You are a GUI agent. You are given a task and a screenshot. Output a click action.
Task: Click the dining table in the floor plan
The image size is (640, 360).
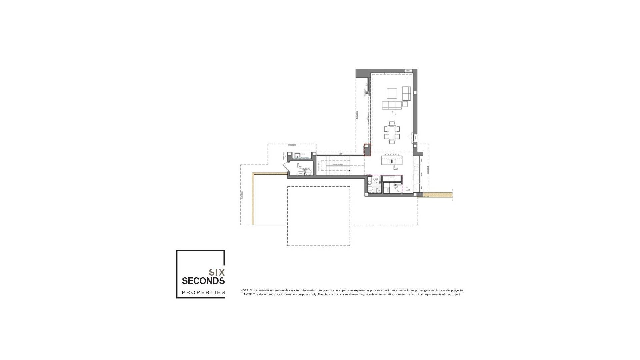pos(392,132)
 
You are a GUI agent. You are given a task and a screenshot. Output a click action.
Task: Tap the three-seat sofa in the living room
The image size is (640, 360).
pos(392,105)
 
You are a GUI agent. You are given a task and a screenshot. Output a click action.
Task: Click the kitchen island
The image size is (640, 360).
pos(392,160)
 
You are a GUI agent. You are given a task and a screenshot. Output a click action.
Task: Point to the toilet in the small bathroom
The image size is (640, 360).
pos(370,189)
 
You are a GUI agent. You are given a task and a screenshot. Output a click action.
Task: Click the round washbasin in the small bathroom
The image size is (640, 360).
pos(377,179)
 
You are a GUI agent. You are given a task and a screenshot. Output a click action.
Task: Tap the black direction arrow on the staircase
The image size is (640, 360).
pos(349,171)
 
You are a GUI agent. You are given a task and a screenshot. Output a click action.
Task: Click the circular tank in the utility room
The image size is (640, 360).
pos(308,172)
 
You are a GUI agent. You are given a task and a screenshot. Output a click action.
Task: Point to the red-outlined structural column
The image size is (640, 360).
pos(367,150)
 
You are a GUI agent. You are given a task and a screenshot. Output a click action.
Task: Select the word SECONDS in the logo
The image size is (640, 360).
pos(203,281)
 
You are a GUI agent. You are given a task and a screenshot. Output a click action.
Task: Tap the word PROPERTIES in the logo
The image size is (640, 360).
pos(203,292)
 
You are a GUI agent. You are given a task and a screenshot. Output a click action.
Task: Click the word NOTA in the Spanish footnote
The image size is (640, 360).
pos(244,290)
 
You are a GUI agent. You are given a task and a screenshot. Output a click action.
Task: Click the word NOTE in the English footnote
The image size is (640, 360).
pos(248,294)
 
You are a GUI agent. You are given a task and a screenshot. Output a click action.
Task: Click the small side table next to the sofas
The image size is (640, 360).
pos(405,104)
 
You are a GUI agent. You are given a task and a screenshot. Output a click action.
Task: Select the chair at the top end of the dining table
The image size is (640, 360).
pos(392,123)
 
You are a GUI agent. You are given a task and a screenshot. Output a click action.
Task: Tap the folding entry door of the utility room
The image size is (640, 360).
pos(285,166)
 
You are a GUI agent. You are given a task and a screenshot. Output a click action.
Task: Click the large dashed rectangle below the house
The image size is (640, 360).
pos(319,216)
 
